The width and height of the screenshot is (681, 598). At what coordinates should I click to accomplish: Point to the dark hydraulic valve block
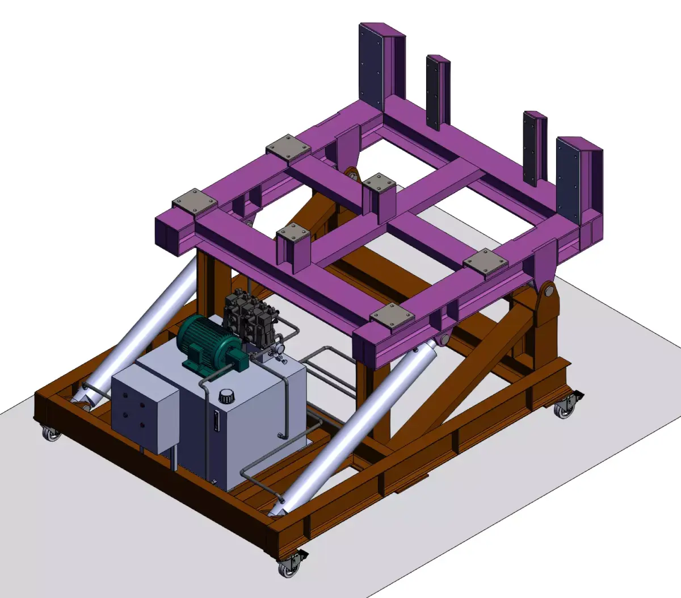coord(248,321)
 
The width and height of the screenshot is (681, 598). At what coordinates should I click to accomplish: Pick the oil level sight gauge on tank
coord(216,421)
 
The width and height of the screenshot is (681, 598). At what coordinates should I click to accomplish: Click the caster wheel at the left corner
coord(51,434)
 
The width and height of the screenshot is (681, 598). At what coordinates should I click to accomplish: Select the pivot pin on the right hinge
coord(548,292)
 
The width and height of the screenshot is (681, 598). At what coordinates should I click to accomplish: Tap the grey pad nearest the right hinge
coord(486,262)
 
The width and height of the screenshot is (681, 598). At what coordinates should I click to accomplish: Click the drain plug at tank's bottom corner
coord(214,482)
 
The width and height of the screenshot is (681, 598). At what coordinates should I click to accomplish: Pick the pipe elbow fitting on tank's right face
coord(280,436)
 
